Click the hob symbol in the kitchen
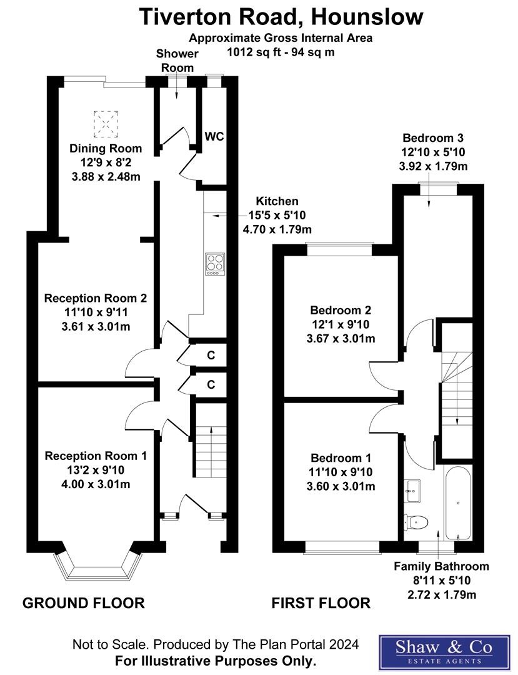215,263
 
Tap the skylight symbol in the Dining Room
106,124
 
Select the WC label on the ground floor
214,136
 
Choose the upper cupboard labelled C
211,356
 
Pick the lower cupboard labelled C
211,384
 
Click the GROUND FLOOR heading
84,603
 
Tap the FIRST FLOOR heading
321,603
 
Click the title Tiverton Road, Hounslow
281,16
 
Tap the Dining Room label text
106,149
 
